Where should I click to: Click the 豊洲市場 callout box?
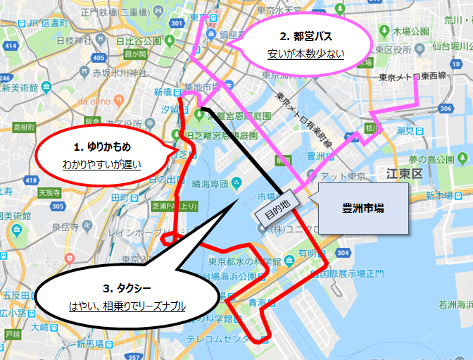point(362,209)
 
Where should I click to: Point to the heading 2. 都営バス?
point(305,36)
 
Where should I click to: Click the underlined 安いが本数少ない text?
point(305,54)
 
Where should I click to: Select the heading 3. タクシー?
point(127,288)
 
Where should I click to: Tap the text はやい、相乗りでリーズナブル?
point(127,306)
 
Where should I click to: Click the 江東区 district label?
point(403,173)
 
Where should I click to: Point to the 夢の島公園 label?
point(443,159)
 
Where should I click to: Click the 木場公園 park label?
point(411,32)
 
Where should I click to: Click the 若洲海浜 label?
point(455,304)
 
